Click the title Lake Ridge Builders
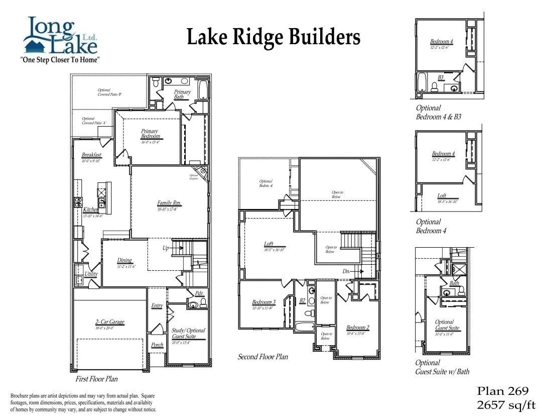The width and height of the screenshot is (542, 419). (x=274, y=37)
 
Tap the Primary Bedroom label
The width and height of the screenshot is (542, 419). (x=150, y=134)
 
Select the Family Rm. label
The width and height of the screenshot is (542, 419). (x=169, y=203)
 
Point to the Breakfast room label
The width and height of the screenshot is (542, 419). (x=91, y=155)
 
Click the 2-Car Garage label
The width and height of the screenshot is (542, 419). (x=110, y=322)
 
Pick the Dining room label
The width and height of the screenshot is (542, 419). (x=124, y=260)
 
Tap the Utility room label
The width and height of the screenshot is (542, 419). (x=91, y=274)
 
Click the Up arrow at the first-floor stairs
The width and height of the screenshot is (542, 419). (x=171, y=248)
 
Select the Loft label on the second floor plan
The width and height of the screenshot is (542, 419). (x=268, y=244)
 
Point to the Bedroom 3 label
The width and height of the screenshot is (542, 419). (x=263, y=302)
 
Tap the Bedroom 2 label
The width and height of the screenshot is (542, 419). (x=357, y=328)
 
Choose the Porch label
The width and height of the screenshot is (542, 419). (x=157, y=345)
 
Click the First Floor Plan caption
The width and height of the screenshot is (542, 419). (x=97, y=379)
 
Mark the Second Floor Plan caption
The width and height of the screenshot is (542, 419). (x=262, y=357)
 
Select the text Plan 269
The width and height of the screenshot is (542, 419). (x=502, y=391)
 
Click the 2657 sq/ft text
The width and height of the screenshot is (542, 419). (x=502, y=405)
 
